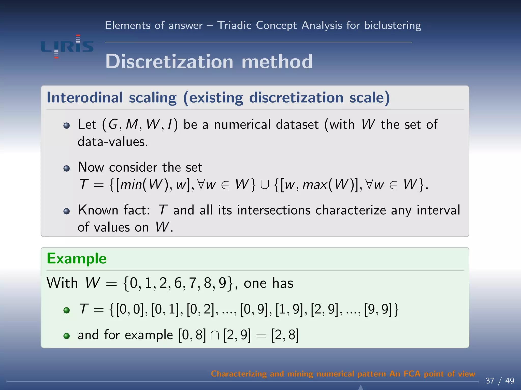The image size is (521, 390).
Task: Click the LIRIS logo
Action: [x=67, y=46]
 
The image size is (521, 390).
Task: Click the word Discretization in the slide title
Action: [x=169, y=62]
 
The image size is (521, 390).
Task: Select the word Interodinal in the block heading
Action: [x=85, y=98]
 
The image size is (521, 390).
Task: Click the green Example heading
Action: [x=77, y=259]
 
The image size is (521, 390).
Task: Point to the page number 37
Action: [x=490, y=381]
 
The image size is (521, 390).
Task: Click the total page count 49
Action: [x=510, y=381]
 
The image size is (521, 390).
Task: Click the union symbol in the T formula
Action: [x=265, y=185]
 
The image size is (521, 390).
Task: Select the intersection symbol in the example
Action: [x=214, y=335]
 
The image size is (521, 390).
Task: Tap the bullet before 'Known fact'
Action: [x=67, y=211]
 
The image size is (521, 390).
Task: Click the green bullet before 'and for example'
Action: [x=67, y=336]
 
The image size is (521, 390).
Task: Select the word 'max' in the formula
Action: [x=315, y=185]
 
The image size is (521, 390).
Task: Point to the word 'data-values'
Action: [x=112, y=142]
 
